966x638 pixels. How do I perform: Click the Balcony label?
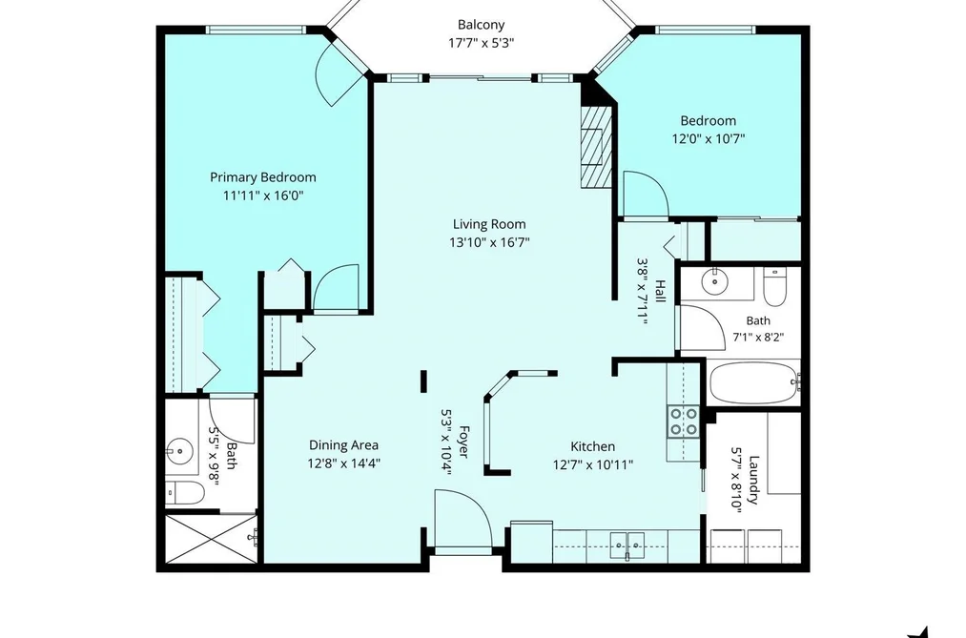point(481,25)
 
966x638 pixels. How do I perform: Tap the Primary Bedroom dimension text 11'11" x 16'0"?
point(263,196)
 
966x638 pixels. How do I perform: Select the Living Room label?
point(489,224)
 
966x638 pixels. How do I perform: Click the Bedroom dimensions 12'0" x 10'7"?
point(708,138)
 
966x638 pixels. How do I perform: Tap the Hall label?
point(660,291)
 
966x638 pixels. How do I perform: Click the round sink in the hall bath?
point(714,282)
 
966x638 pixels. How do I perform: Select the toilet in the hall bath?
point(773,286)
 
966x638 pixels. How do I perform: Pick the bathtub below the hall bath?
point(753,383)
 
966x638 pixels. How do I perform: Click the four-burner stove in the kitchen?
point(684,422)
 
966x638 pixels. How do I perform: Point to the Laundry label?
point(752,480)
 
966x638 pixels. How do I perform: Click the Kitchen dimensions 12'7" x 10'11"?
point(592,465)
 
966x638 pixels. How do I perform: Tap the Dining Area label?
point(343,445)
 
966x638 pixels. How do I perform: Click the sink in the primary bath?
point(180,451)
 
